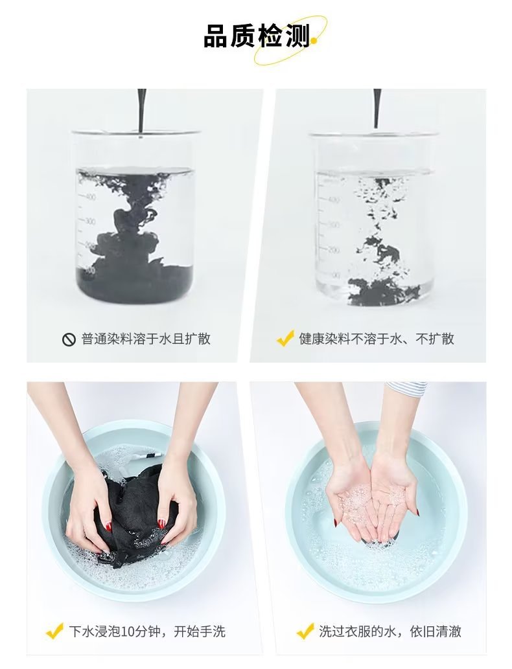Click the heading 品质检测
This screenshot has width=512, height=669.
point(256,36)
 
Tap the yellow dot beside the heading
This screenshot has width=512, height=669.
point(314,41)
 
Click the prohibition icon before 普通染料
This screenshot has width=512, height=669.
point(68,339)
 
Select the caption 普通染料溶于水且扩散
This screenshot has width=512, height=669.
point(146,339)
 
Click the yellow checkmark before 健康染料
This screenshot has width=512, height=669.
point(285,338)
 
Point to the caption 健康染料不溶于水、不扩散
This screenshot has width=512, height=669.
point(376,339)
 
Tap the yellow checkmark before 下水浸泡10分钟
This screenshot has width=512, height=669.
point(54,631)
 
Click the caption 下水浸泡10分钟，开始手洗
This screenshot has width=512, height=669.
point(147,631)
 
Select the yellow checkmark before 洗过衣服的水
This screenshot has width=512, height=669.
point(305,631)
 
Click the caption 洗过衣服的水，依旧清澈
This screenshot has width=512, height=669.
point(390,631)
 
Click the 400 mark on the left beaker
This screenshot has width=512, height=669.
point(90,197)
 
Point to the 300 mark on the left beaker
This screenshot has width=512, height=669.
point(89,221)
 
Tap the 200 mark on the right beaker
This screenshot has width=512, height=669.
point(334,249)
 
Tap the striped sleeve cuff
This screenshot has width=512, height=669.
point(406,387)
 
